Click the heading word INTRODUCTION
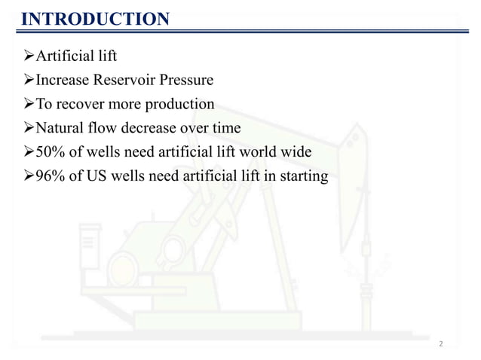click(x=95, y=18)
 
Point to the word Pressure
click(x=185, y=80)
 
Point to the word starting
click(x=304, y=177)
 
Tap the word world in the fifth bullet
click(x=252, y=153)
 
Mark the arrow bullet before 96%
click(x=20, y=177)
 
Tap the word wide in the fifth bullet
click(x=295, y=153)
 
